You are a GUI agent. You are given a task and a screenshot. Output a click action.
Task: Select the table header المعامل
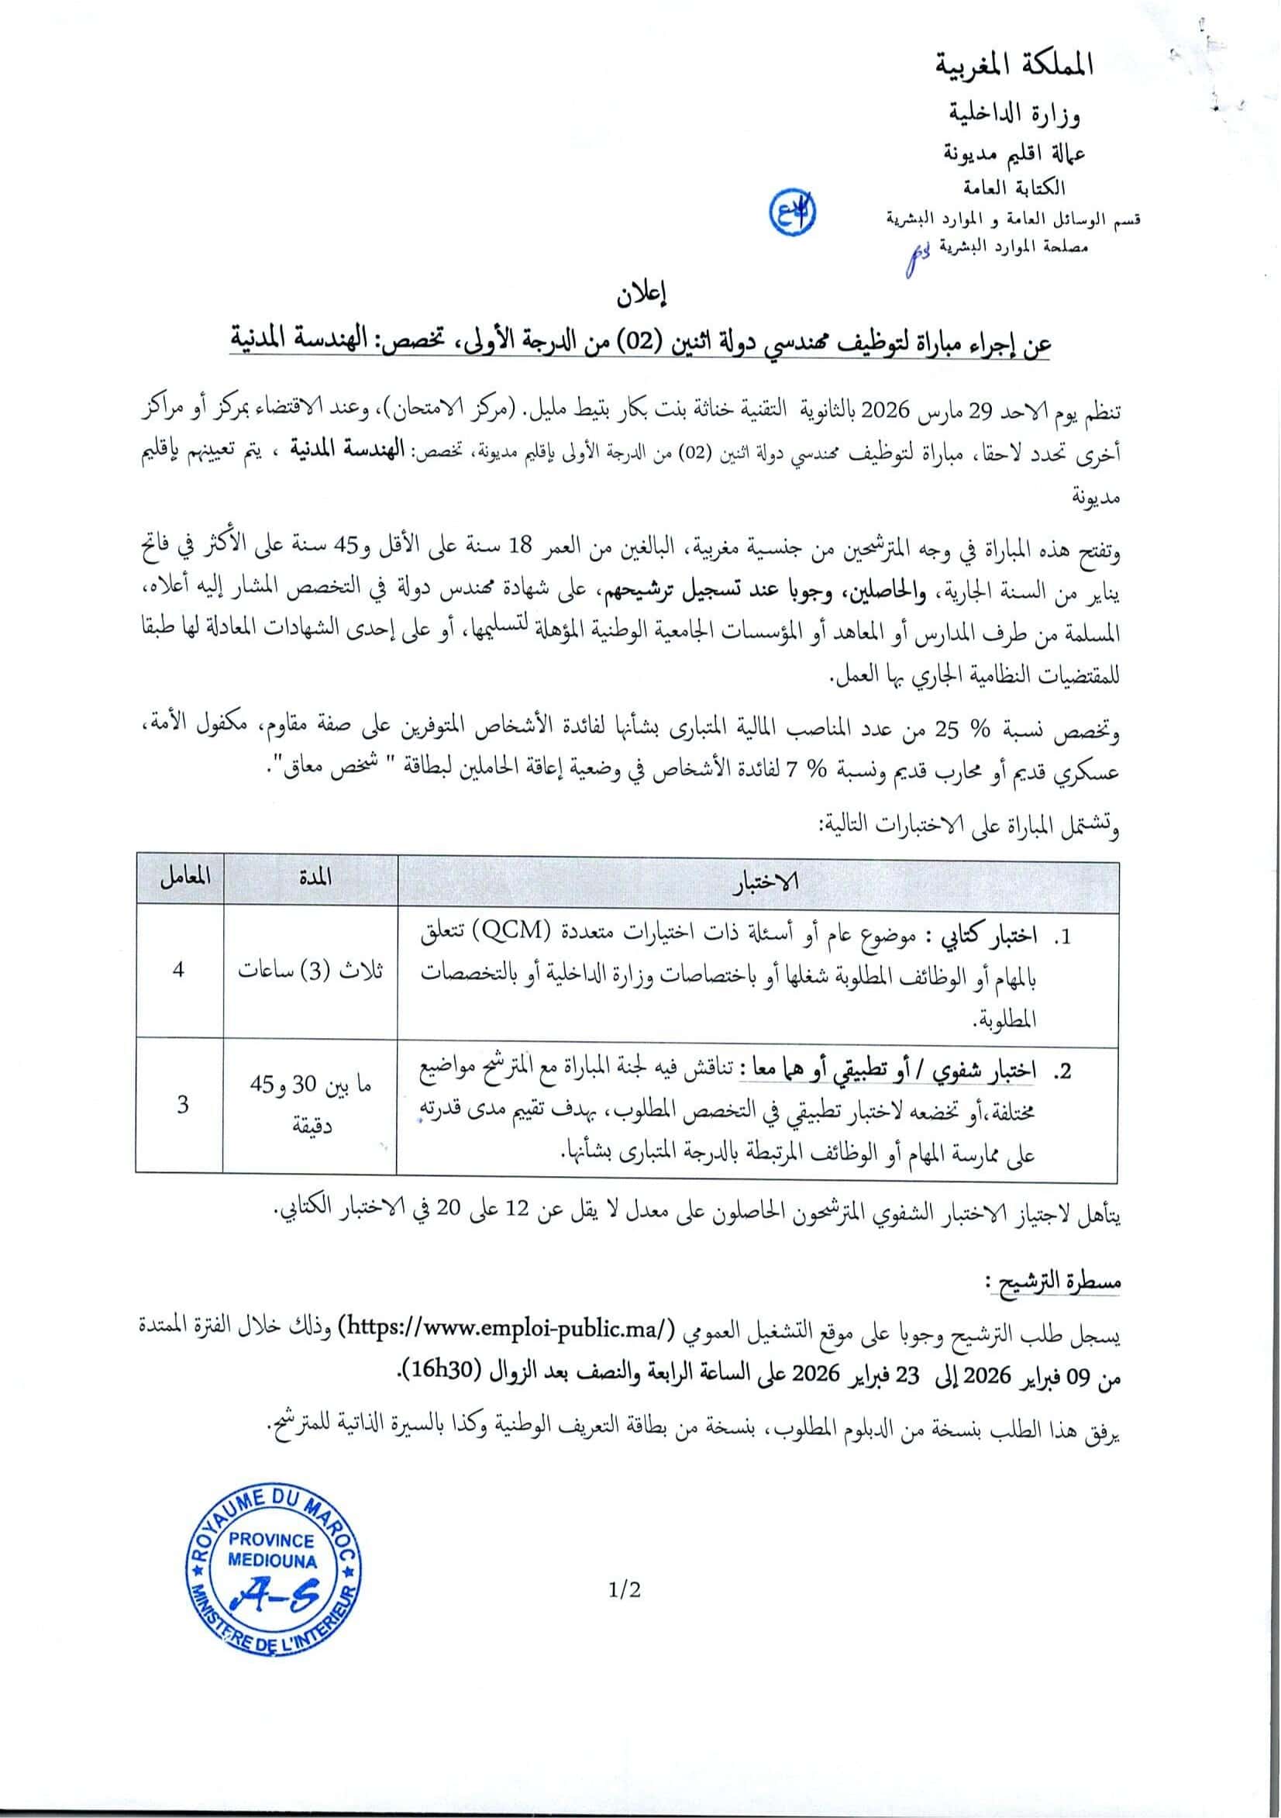click(180, 878)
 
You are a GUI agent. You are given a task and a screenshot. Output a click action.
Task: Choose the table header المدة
click(312, 878)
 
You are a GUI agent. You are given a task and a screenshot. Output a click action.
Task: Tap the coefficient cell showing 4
click(179, 969)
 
